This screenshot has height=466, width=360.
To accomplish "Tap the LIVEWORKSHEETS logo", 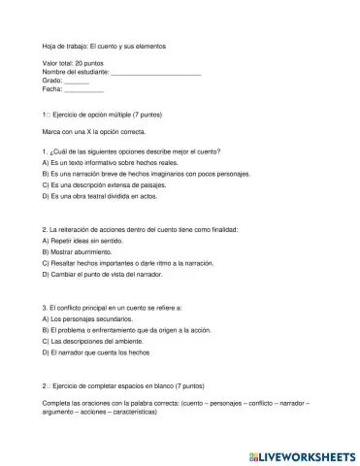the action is pos(301,451).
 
